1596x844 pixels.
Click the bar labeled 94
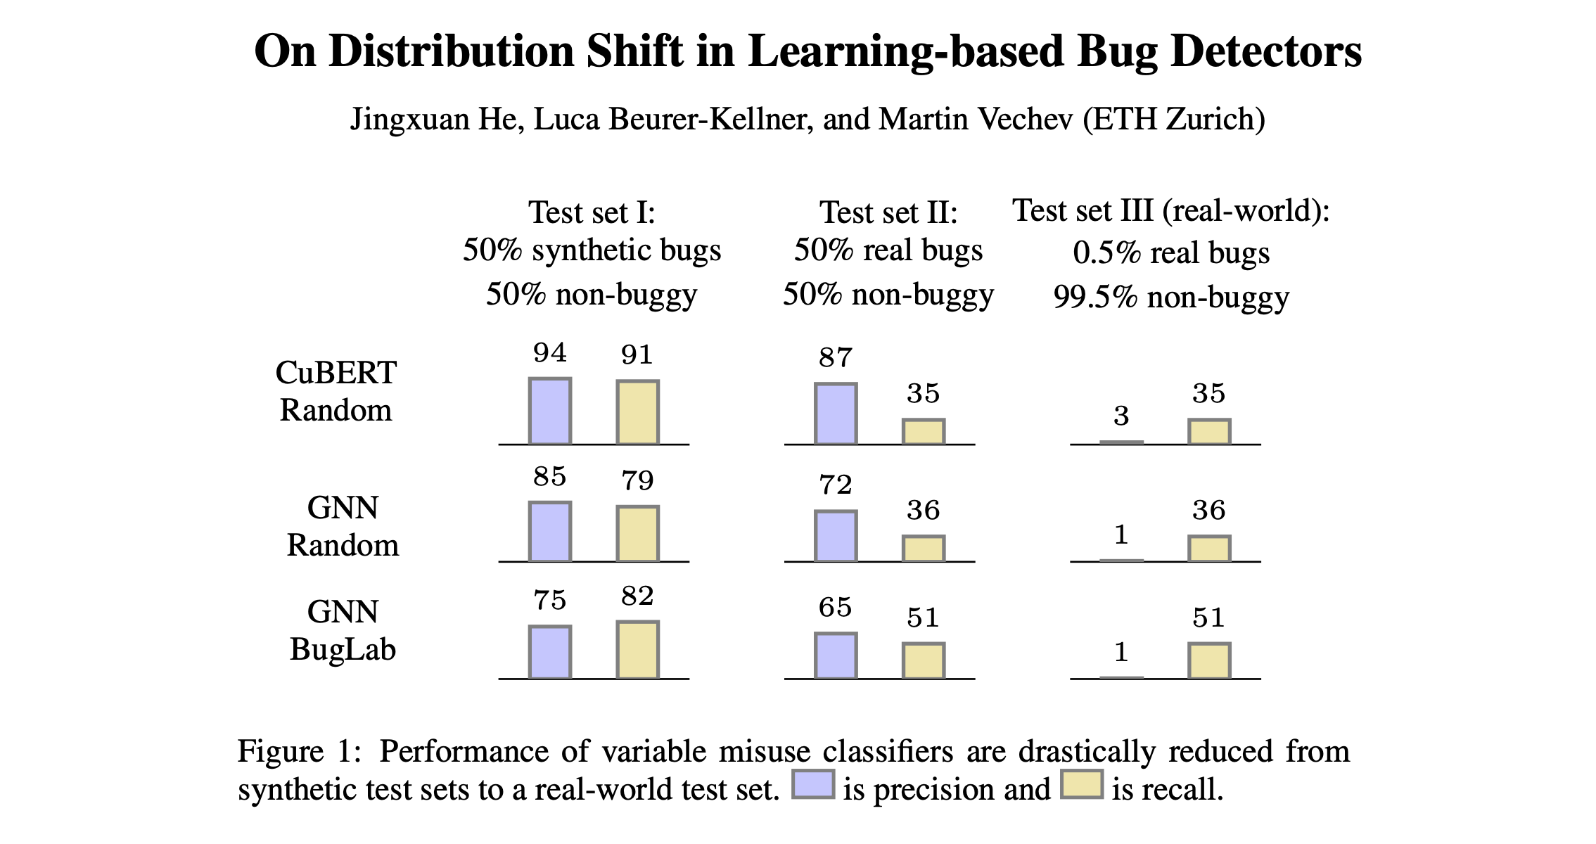click(549, 411)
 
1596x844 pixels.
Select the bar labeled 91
click(637, 413)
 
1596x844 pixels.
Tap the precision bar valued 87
click(835, 414)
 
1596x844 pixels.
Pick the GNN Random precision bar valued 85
click(549, 532)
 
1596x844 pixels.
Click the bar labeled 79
click(637, 534)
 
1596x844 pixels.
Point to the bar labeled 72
click(835, 536)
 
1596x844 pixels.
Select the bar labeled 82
click(637, 650)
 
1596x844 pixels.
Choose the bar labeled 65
click(835, 656)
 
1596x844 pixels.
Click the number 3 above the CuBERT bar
click(1121, 416)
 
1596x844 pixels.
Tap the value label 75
click(549, 600)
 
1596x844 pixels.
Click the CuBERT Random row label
click(336, 391)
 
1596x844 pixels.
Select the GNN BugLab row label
click(343, 630)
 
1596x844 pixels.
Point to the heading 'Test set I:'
click(592, 212)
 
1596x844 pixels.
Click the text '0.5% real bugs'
click(1170, 252)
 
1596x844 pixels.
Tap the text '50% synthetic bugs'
click(592, 250)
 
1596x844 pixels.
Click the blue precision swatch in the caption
click(812, 784)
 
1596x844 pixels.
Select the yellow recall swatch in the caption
click(1081, 784)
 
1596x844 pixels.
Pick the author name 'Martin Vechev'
click(976, 119)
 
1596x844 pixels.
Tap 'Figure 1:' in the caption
click(299, 751)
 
